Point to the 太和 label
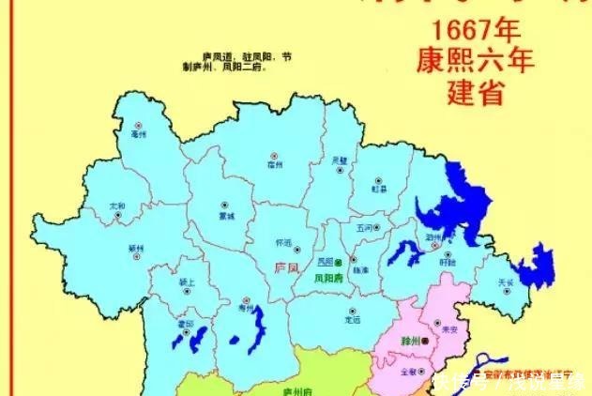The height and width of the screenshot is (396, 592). [x=117, y=205]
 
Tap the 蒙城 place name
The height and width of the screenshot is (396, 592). [x=225, y=214]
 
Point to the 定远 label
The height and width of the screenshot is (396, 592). [x=352, y=320]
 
